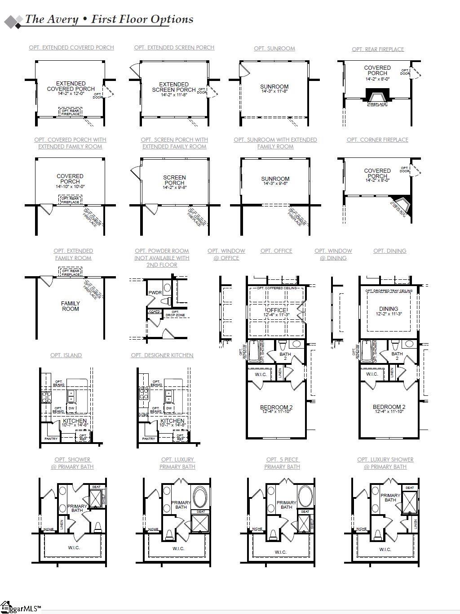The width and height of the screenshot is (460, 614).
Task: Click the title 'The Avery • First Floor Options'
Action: pyautogui.click(x=109, y=19)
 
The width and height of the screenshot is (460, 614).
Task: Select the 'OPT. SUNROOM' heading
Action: pyautogui.click(x=274, y=49)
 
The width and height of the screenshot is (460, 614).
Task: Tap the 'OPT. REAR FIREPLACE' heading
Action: pyautogui.click(x=378, y=49)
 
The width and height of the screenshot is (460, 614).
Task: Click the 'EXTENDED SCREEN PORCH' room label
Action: pyautogui.click(x=174, y=87)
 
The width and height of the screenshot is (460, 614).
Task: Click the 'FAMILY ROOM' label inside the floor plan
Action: pyautogui.click(x=71, y=306)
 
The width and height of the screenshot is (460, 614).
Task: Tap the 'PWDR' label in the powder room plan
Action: pyautogui.click(x=155, y=293)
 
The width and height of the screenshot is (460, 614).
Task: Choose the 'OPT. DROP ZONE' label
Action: pyautogui.click(x=175, y=314)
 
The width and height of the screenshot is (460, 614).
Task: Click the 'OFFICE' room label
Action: pyautogui.click(x=276, y=310)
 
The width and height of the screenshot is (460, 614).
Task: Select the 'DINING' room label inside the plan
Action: pyautogui.click(x=389, y=309)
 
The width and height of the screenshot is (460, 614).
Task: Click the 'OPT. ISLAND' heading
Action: pyautogui.click(x=66, y=355)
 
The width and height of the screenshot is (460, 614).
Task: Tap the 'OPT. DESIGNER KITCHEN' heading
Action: pyautogui.click(x=162, y=355)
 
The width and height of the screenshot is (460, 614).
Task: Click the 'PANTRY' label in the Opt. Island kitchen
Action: pyautogui.click(x=51, y=439)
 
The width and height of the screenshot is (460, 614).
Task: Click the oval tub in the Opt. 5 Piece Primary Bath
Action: pyautogui.click(x=307, y=496)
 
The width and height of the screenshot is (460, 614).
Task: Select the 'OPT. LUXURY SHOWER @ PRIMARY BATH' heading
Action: pyautogui.click(x=385, y=463)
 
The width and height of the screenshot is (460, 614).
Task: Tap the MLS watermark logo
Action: pyautogui.click(x=21, y=608)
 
